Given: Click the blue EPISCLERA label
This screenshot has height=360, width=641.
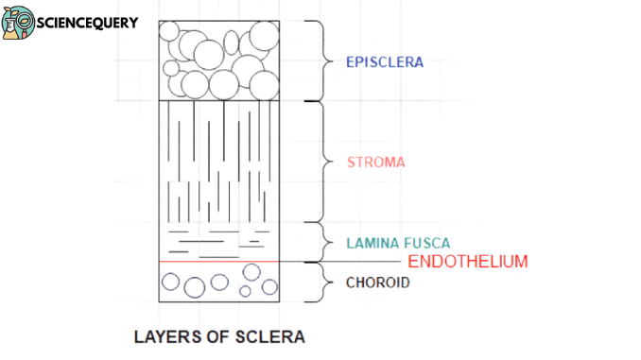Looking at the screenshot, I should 384,62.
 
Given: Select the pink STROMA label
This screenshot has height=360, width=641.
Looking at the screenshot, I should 374,162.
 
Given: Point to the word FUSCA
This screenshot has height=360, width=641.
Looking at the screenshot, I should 422,242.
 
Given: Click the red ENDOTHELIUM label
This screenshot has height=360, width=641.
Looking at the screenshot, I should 467,262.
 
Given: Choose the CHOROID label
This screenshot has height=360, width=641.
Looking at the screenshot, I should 377,282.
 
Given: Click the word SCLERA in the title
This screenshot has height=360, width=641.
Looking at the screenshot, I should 273,336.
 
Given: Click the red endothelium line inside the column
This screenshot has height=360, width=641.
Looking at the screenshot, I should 220,262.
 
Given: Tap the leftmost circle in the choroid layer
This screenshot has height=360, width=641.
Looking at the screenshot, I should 171,281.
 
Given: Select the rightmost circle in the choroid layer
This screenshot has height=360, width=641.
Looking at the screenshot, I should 269,286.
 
